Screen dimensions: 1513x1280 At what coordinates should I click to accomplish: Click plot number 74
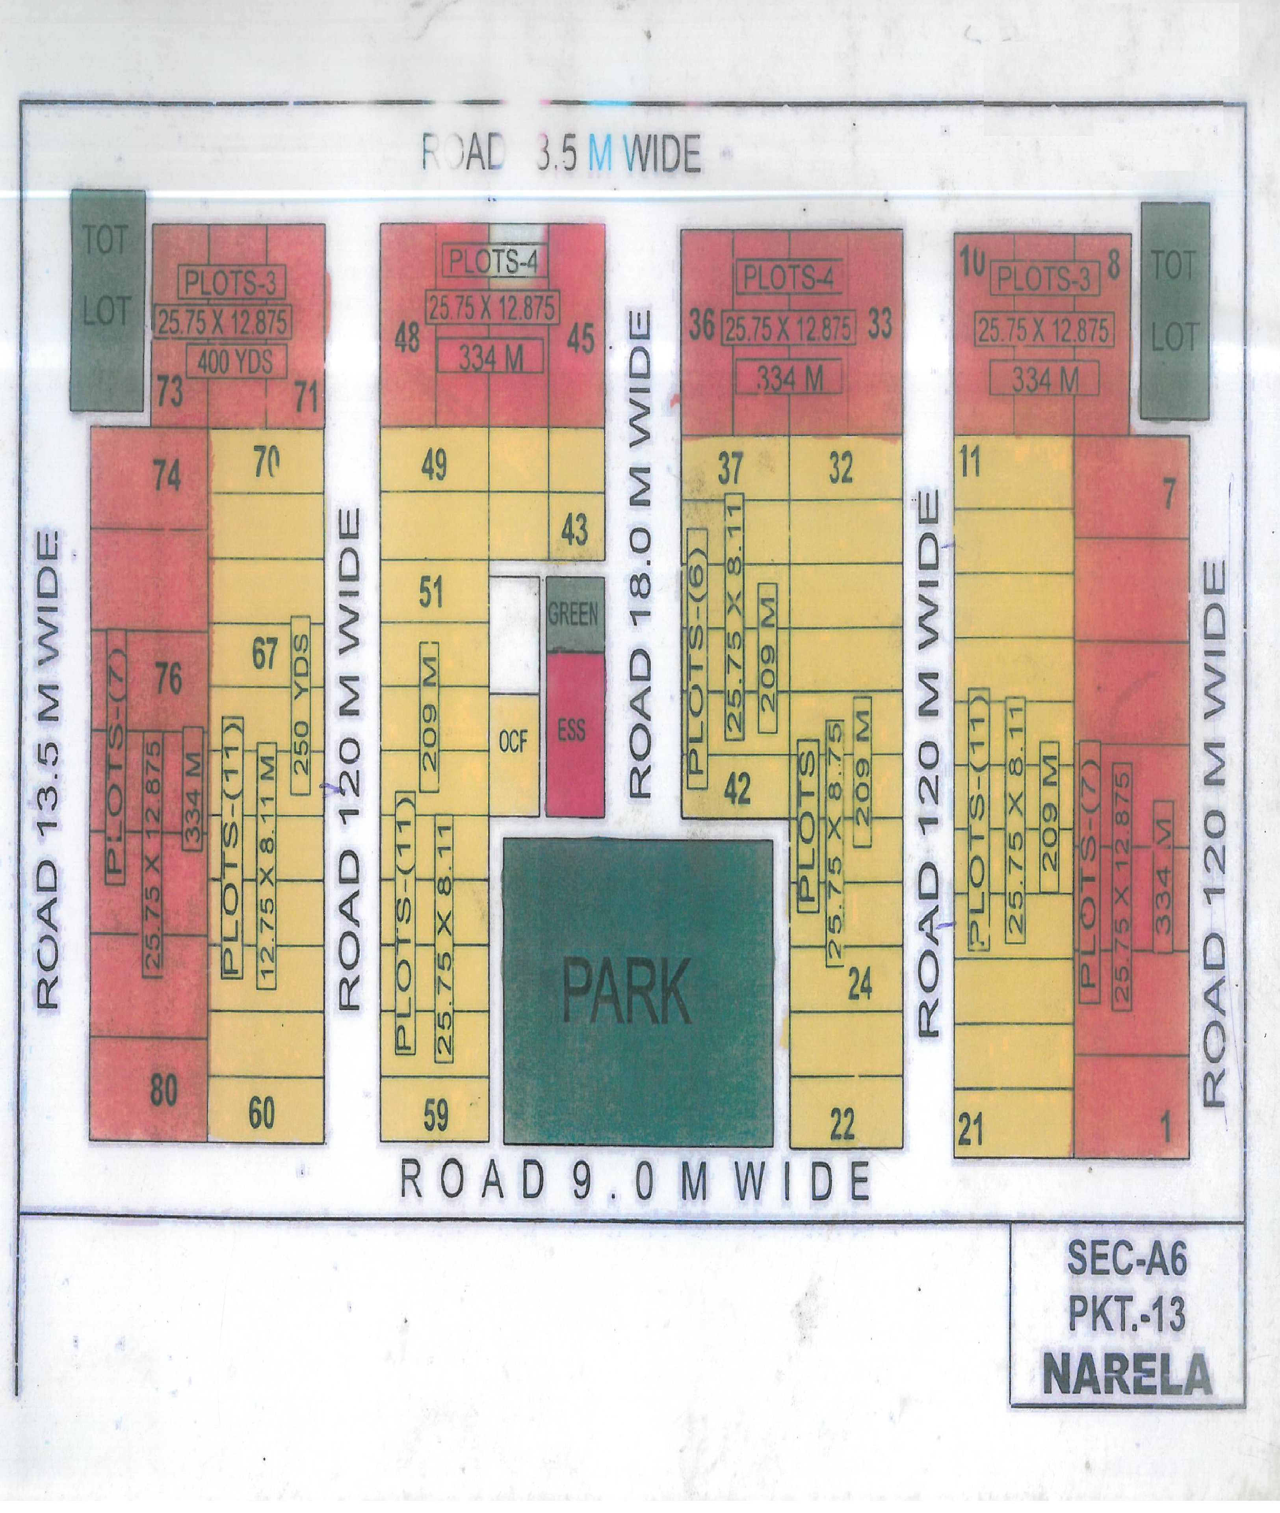(167, 476)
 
